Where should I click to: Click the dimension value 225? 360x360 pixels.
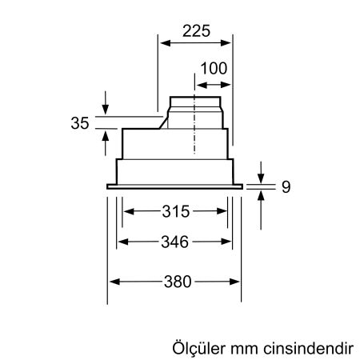(196, 31)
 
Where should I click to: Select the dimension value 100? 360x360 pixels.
(213, 68)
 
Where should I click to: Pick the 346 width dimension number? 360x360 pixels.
(175, 240)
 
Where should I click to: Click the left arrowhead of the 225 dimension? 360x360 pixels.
(158, 44)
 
